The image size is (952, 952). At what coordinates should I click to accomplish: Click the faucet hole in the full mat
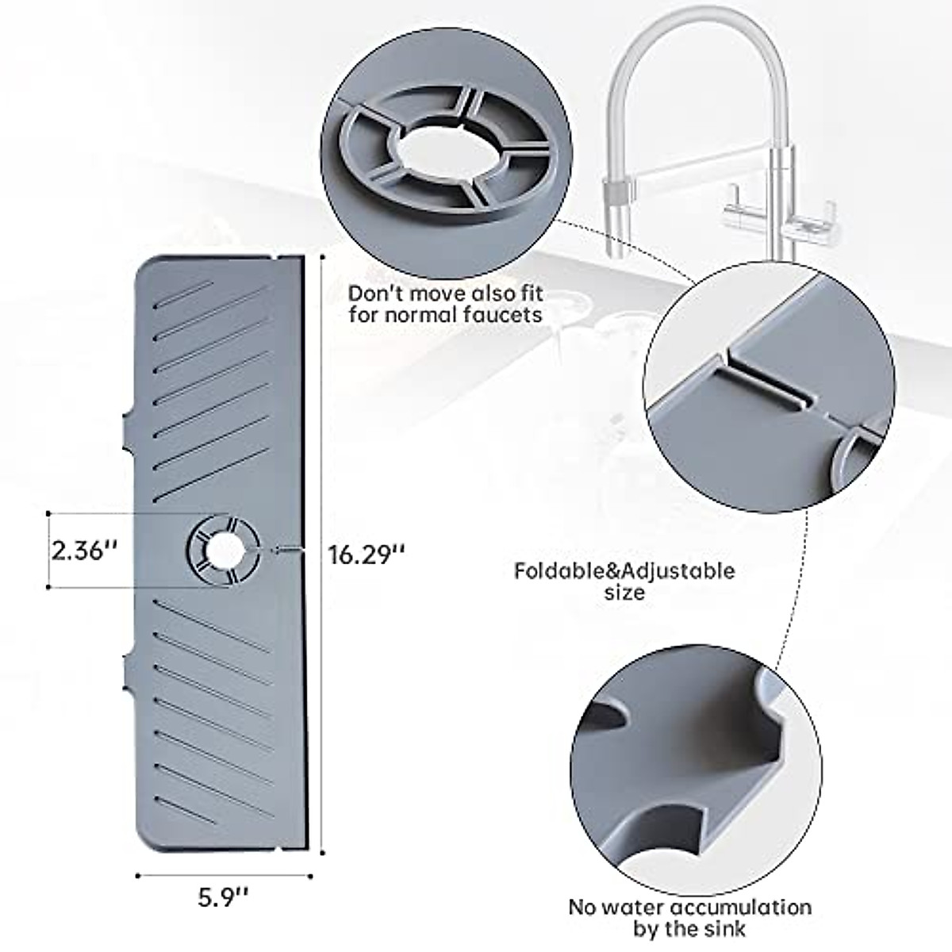point(223,550)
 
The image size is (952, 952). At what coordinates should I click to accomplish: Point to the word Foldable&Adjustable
point(624,570)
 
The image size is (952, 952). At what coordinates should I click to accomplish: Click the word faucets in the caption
point(504,315)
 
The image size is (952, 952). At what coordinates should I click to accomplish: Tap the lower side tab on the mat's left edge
point(132,669)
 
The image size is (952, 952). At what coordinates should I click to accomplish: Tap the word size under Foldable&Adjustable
point(624,593)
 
